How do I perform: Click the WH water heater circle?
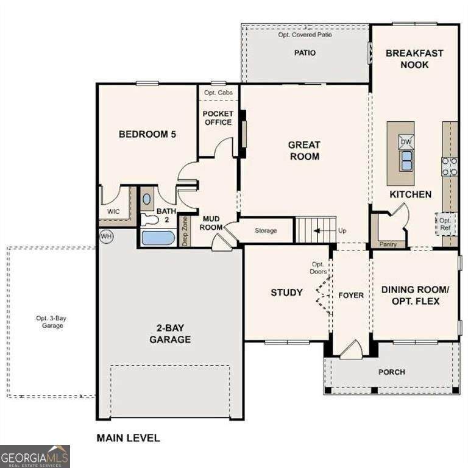pyautogui.click(x=106, y=236)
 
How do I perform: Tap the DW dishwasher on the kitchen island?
pyautogui.click(x=406, y=142)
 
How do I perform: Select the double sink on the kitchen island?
pyautogui.click(x=406, y=161)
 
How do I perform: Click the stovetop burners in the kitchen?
pyautogui.click(x=450, y=166)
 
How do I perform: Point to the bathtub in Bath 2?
pyautogui.click(x=158, y=238)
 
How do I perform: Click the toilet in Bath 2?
pyautogui.click(x=149, y=219)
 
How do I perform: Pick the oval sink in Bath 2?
pyautogui.click(x=147, y=199)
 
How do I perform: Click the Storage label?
pyautogui.click(x=266, y=230)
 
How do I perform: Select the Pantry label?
pyautogui.click(x=388, y=244)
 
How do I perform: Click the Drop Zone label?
pyautogui.click(x=185, y=232)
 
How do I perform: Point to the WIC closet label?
pyautogui.click(x=113, y=211)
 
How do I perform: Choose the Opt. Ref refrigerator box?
pyautogui.click(x=445, y=224)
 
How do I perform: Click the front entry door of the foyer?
pyautogui.click(x=352, y=349)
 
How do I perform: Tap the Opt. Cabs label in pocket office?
pyautogui.click(x=218, y=93)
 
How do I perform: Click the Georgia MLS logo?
pyautogui.click(x=35, y=456)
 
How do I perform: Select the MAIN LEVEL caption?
pyautogui.click(x=129, y=438)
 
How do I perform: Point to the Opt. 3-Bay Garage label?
pyautogui.click(x=51, y=322)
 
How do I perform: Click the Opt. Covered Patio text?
pyautogui.click(x=305, y=35)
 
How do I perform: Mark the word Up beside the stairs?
pyautogui.click(x=342, y=231)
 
